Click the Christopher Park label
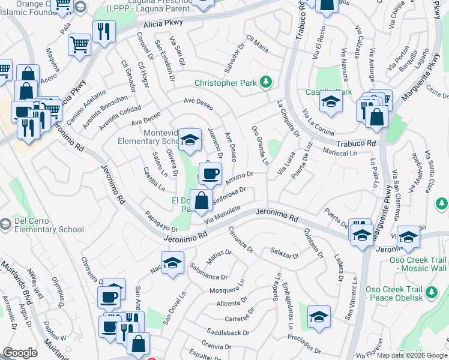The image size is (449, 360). (x=226, y=82)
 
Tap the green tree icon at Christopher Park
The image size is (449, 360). (x=265, y=82)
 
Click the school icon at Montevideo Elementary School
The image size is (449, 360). (x=190, y=140)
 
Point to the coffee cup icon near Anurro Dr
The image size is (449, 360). (x=209, y=174)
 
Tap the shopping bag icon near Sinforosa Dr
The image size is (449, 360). (x=202, y=200)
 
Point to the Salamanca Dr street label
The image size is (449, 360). (x=208, y=271)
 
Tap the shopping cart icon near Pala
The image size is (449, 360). (x=79, y=44)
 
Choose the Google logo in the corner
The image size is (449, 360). (x=20, y=353)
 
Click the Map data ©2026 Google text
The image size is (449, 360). (x=411, y=355)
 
